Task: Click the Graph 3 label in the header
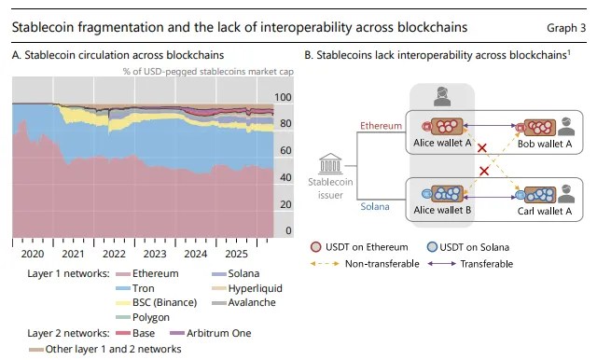tap(566, 28)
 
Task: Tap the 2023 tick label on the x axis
tap(155, 254)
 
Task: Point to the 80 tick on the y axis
tap(285, 123)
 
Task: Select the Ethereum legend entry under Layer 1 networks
tap(147, 273)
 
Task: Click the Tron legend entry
tap(135, 288)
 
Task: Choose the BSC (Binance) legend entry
tap(157, 303)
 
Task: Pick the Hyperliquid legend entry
tap(247, 289)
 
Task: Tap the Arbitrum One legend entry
tap(211, 334)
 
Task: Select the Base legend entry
tap(135, 334)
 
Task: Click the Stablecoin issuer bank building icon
tap(330, 163)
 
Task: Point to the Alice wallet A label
tap(442, 143)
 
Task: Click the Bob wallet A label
tap(545, 145)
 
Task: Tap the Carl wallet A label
tap(545, 211)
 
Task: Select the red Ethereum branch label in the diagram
tap(381, 126)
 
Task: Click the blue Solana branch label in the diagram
tap(375, 206)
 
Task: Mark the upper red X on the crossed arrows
tap(482, 148)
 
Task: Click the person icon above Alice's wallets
tap(442, 97)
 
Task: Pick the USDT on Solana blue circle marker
tap(432, 247)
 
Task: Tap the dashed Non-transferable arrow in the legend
tap(325, 264)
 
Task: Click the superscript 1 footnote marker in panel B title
tap(569, 52)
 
